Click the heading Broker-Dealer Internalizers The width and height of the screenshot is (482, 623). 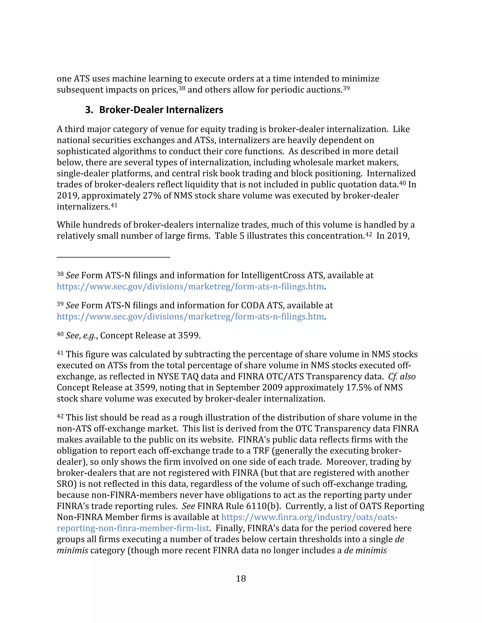[161, 110]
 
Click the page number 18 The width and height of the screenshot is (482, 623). [241, 579]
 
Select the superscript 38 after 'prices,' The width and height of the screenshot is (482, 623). [182, 88]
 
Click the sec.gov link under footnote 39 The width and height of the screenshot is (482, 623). [190, 317]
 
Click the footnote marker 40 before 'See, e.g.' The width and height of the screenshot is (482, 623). [60, 334]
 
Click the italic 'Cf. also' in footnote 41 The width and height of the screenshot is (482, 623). [402, 377]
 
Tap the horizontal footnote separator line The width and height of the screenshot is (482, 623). [113, 257]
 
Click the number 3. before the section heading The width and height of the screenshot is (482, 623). [89, 110]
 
